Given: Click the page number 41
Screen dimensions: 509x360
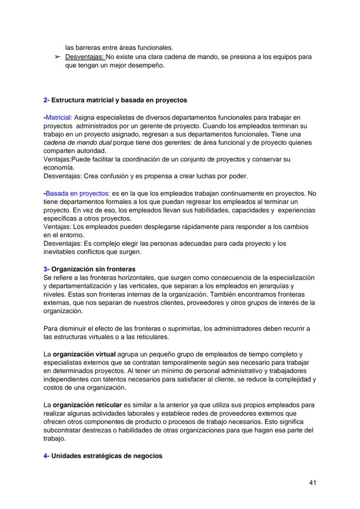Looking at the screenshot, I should (312, 482).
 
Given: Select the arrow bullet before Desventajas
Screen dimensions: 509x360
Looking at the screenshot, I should (57, 57).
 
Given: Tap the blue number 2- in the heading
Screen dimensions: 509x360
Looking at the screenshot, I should (47, 100).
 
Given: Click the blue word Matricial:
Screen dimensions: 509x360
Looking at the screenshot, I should (59, 117).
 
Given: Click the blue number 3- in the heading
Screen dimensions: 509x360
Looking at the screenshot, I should (47, 269).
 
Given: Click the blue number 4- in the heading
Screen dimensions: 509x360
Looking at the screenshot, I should (47, 456).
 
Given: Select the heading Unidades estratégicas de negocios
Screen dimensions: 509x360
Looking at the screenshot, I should (107, 456).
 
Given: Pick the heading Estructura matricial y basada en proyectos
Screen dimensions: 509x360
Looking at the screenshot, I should (119, 100).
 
